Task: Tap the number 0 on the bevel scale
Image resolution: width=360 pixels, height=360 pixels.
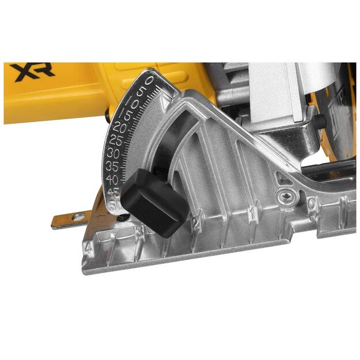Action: click(x=149, y=80)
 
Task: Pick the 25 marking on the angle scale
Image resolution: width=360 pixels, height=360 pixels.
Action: click(x=115, y=140)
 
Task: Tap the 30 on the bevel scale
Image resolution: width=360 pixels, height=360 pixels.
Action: click(x=113, y=154)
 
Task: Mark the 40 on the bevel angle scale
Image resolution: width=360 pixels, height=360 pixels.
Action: click(x=113, y=180)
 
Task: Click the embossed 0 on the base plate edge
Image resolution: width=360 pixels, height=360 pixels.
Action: click(x=312, y=203)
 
